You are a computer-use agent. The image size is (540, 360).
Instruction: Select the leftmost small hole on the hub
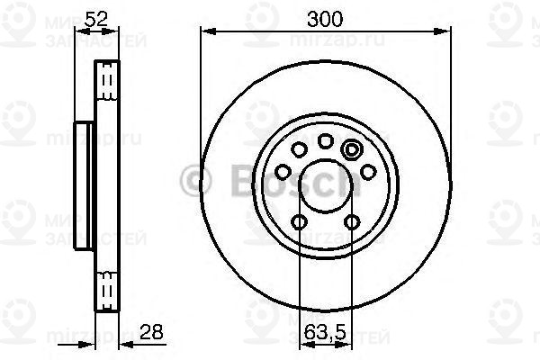click(x=283, y=171)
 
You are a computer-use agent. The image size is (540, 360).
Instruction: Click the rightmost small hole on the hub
click(x=367, y=171)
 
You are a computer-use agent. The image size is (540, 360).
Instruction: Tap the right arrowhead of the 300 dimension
click(x=445, y=31)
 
